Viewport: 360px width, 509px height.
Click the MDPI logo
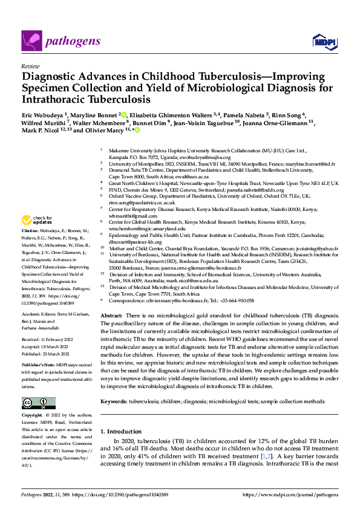(324, 41)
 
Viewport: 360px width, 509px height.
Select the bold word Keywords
(116, 402)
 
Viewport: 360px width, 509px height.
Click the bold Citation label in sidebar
(31, 231)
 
